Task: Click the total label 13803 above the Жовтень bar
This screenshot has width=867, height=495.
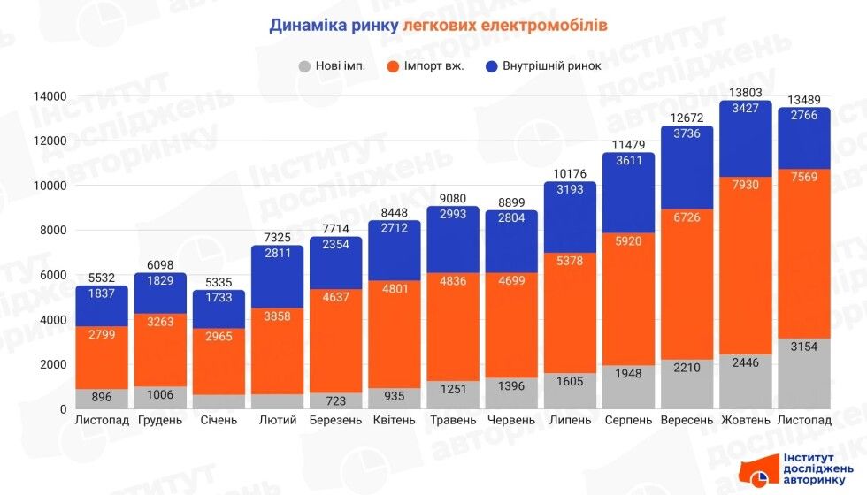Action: (x=746, y=92)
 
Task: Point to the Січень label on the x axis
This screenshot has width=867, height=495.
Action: (x=219, y=420)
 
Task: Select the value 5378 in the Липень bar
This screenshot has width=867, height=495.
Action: (x=570, y=262)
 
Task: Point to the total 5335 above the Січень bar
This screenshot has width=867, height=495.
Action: (x=219, y=282)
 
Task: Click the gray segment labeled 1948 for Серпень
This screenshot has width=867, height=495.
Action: (x=628, y=374)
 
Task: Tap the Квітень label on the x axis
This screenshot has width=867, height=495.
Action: (x=395, y=420)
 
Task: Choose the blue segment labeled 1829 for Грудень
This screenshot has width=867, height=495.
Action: (x=160, y=281)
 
